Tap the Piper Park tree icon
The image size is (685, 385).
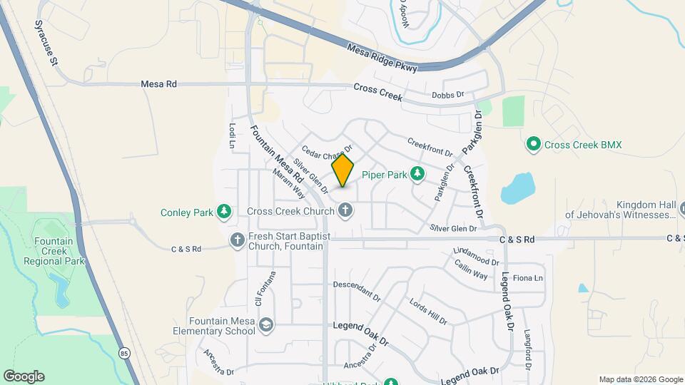[417, 174]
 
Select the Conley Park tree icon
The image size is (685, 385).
[225, 212]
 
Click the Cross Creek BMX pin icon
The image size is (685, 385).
[533, 145]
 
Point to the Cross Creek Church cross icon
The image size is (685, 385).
[345, 210]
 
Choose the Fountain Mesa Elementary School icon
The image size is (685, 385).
[266, 326]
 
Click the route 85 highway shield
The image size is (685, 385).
[125, 353]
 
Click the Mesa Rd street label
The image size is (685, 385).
[158, 84]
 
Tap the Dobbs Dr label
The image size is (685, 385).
[448, 94]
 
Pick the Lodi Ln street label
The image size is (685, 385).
[232, 135]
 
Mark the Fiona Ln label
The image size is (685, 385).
[528, 277]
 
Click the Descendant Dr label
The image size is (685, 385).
[357, 289]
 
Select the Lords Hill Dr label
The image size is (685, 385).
[428, 312]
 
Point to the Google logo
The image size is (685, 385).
[24, 376]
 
